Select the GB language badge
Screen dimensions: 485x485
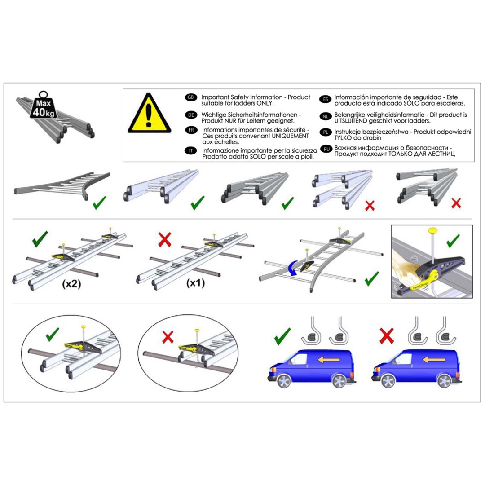click(x=190, y=97)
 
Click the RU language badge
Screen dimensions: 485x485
click(x=326, y=149)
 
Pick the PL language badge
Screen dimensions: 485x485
click(x=326, y=132)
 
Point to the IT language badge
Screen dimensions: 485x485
click(x=191, y=150)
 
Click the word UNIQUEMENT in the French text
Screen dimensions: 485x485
click(x=290, y=136)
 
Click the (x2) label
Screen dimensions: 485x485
click(x=72, y=284)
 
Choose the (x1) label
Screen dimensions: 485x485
click(x=195, y=283)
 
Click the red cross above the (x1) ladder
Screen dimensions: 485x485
click(x=164, y=240)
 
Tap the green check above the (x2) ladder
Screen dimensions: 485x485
click(x=40, y=239)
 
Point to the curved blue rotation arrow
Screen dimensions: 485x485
click(x=292, y=268)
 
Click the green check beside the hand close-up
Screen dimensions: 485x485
click(x=453, y=241)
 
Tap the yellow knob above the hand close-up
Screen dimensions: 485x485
click(x=433, y=230)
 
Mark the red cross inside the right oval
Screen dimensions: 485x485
click(x=168, y=337)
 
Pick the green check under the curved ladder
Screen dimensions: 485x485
click(x=371, y=278)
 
